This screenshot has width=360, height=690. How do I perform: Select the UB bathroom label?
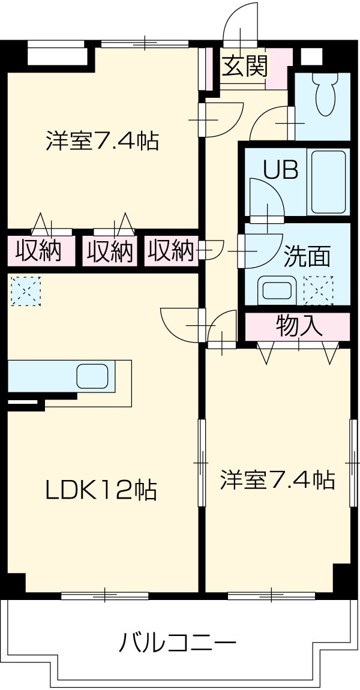pos(281,170)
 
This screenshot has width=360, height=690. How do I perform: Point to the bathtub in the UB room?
pos(326,181)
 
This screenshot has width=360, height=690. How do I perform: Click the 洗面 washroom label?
pos(307,256)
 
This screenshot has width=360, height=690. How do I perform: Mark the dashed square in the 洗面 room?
pos(318,290)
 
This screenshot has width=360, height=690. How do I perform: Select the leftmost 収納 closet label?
pos(38,251)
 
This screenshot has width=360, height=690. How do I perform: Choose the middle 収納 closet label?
pos(109,251)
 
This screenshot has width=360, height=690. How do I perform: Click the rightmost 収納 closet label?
pos(172,250)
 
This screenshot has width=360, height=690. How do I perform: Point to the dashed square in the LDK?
pos(25,290)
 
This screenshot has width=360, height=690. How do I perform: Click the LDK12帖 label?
pos(101,490)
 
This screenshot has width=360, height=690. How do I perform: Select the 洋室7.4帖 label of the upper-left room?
pos(102,141)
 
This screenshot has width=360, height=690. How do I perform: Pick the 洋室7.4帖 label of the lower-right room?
pos(277,480)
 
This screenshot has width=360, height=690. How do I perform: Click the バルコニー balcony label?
pos(177,645)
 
